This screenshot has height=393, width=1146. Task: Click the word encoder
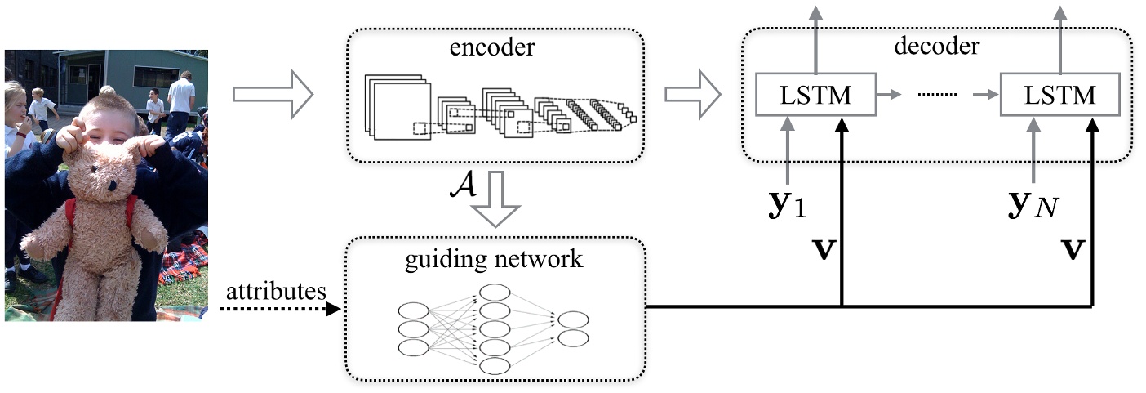(x=492, y=47)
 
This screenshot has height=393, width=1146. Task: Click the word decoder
(x=935, y=46)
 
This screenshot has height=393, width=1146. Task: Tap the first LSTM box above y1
(x=815, y=96)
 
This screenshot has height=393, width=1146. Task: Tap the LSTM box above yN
(x=1059, y=96)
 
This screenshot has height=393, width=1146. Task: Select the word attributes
(x=277, y=291)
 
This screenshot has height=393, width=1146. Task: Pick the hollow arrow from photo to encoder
(x=273, y=96)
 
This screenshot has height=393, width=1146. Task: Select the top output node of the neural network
(x=572, y=319)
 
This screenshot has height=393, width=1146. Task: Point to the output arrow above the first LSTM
(x=814, y=37)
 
